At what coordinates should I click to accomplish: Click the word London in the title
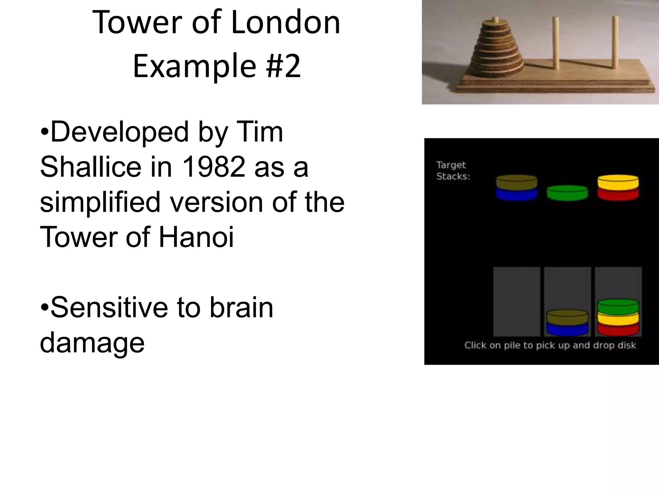285,23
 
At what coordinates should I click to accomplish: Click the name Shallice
90,167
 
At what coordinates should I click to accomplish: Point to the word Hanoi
196,237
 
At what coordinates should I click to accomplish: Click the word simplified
100,202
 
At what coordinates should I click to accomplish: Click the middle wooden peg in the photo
556,43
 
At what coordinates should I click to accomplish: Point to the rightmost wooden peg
615,42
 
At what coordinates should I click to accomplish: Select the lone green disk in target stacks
567,193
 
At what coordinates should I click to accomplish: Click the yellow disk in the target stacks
618,183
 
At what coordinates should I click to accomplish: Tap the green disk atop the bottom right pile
618,306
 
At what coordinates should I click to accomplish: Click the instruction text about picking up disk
550,345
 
